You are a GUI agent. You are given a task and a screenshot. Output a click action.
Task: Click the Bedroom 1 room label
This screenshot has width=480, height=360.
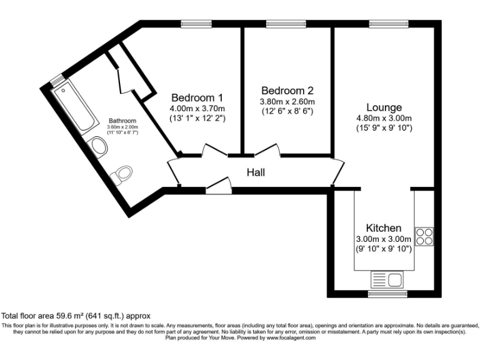[197, 97]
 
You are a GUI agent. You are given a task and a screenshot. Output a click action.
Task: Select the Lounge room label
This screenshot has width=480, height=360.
[384, 107]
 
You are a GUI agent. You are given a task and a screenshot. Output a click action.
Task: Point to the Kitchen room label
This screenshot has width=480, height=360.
[383, 227]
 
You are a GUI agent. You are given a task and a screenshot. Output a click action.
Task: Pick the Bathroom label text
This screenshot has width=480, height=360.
[122, 120]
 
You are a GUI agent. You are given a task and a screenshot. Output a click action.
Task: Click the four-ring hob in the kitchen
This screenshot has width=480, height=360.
[424, 236]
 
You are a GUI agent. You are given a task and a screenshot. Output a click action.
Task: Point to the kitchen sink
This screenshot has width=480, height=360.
[387, 279]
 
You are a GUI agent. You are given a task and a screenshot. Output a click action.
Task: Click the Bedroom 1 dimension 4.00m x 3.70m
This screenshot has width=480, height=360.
[197, 108]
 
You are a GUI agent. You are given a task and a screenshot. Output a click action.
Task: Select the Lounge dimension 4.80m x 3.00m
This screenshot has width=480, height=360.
[384, 118]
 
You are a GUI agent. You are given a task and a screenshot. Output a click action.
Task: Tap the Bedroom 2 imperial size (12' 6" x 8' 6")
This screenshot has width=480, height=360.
[287, 111]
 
